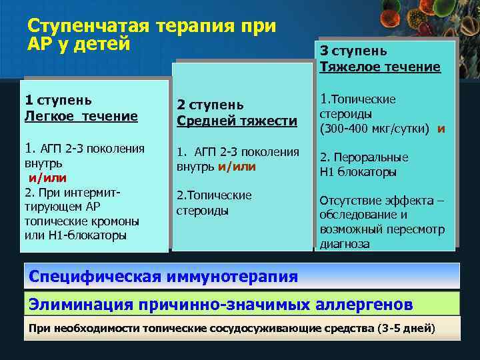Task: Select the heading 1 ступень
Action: (x=59, y=100)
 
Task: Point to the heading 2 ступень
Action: (x=210, y=105)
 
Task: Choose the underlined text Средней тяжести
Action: (x=237, y=121)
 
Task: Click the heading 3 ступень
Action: (x=353, y=51)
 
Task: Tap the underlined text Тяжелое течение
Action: (x=380, y=67)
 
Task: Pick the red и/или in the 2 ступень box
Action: (x=236, y=165)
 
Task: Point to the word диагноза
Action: (x=345, y=243)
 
